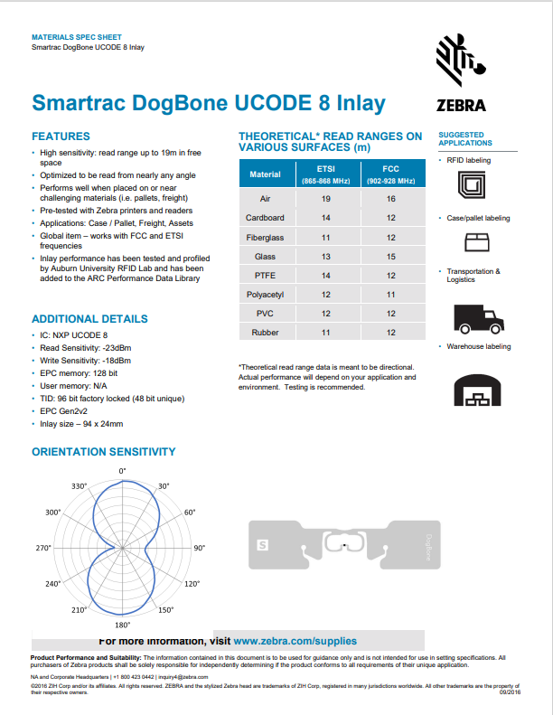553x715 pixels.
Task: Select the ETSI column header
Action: pyautogui.click(x=326, y=174)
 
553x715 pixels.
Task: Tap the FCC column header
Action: pyautogui.click(x=390, y=174)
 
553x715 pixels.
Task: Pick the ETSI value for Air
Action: pyautogui.click(x=326, y=197)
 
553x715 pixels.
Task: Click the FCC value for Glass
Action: pyautogui.click(x=390, y=256)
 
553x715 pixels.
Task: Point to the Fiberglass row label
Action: pyautogui.click(x=265, y=237)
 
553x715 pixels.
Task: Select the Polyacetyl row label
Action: pyautogui.click(x=265, y=295)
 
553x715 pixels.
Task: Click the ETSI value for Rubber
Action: pyautogui.click(x=326, y=333)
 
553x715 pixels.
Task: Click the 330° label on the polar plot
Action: pyautogui.click(x=80, y=486)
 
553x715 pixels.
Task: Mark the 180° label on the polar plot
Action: pyautogui.click(x=123, y=625)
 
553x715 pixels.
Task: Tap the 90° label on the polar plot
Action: pyautogui.click(x=199, y=548)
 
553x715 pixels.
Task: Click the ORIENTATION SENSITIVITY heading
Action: pyautogui.click(x=104, y=452)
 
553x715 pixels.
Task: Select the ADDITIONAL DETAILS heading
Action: pyautogui.click(x=89, y=319)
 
